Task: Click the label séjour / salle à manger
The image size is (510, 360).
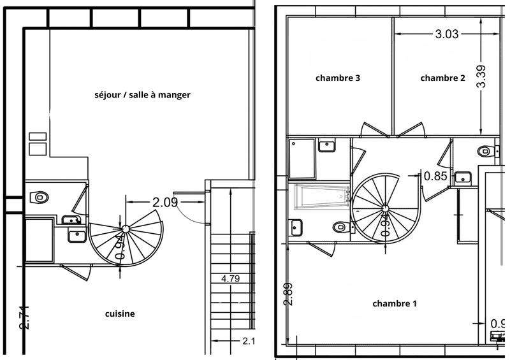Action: pos(142,94)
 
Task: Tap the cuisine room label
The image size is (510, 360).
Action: pos(120,313)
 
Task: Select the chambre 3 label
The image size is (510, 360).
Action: pos(338,78)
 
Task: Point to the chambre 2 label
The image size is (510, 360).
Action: pos(442,78)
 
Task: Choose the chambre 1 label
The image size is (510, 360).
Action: pos(395,303)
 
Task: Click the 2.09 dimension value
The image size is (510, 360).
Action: pos(164,203)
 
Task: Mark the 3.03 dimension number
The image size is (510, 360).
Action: pos(447,34)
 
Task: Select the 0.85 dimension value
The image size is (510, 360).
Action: pos(435,176)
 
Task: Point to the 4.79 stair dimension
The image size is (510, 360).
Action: pos(231,278)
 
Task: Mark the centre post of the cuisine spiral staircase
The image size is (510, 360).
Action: pos(125,227)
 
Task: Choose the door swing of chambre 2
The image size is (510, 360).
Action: pos(411,129)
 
